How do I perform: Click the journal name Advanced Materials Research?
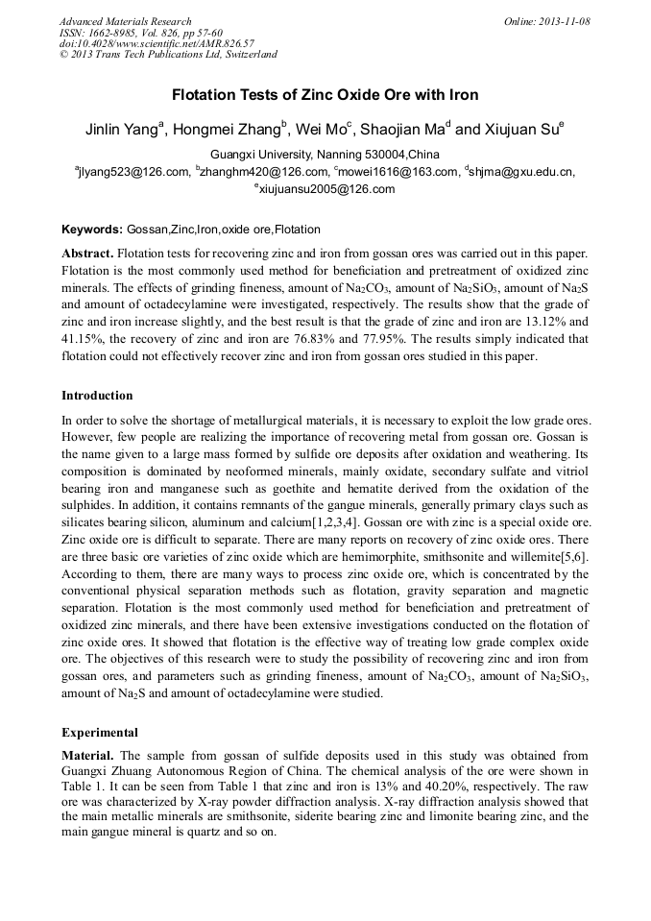125,21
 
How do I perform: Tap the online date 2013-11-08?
547,21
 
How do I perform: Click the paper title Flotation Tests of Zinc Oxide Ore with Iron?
325,95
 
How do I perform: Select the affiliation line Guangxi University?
325,155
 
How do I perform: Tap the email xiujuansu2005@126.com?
325,189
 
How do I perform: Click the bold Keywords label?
92,230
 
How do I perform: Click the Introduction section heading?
97,396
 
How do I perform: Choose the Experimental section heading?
100,732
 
